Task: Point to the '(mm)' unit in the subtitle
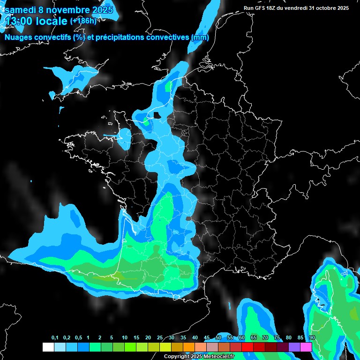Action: click(x=200, y=37)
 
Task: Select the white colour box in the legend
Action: click(x=48, y=347)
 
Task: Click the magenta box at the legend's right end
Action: click(x=306, y=347)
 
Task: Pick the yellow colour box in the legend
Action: click(x=165, y=347)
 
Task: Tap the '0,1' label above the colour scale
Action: click(x=55, y=337)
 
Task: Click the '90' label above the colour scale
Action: click(x=312, y=337)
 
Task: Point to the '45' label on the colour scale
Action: click(x=207, y=337)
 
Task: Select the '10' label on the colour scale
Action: click(x=124, y=337)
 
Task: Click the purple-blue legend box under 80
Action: click(x=294, y=347)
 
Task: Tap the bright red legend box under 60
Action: click(x=247, y=347)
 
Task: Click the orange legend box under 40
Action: click(x=189, y=347)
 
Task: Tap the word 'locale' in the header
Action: click(x=52, y=21)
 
